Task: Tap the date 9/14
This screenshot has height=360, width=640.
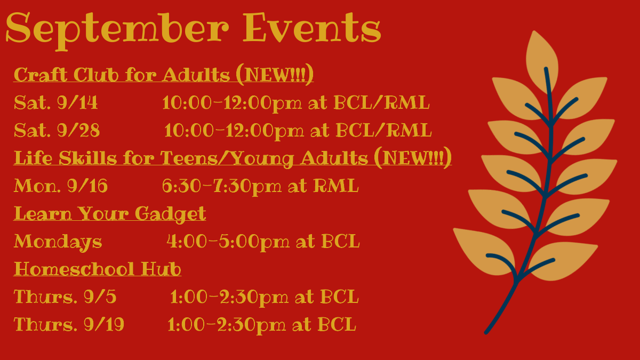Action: click(x=77, y=102)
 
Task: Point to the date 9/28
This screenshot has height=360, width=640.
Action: click(x=78, y=130)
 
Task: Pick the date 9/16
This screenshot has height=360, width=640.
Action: click(x=87, y=186)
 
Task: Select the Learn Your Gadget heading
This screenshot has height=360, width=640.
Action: click(x=110, y=214)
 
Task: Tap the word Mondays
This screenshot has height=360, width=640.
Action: click(x=58, y=242)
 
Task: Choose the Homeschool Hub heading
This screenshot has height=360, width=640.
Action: click(x=98, y=269)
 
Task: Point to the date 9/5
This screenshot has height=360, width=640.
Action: click(x=100, y=297)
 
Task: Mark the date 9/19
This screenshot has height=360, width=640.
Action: click(x=103, y=324)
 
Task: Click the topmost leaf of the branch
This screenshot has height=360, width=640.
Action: click(x=542, y=61)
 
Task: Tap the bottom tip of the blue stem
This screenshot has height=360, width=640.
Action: click(x=486, y=332)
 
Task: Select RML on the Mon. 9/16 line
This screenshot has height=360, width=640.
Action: click(x=336, y=186)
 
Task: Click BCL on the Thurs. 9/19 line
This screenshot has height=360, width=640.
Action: click(x=337, y=324)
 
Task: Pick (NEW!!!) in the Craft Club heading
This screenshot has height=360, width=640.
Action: click(x=275, y=75)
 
